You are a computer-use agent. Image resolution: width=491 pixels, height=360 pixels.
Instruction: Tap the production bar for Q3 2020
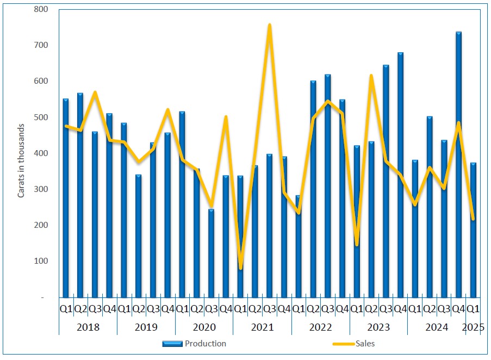(212, 256)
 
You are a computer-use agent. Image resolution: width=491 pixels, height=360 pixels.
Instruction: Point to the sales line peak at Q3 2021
(270, 25)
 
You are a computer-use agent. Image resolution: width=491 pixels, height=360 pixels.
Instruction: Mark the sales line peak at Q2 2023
(371, 76)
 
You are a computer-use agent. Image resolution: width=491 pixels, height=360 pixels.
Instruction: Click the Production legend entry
(194, 344)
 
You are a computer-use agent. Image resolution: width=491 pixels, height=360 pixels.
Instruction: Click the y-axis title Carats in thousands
(21, 160)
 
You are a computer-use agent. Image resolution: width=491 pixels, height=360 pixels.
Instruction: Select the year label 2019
(146, 327)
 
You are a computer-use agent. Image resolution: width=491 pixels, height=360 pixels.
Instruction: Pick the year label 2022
(320, 327)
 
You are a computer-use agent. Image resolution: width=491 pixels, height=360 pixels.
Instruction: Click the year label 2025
(474, 327)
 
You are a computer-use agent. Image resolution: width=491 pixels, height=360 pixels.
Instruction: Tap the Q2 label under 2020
(197, 309)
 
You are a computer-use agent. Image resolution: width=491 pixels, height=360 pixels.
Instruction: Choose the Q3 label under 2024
(444, 309)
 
